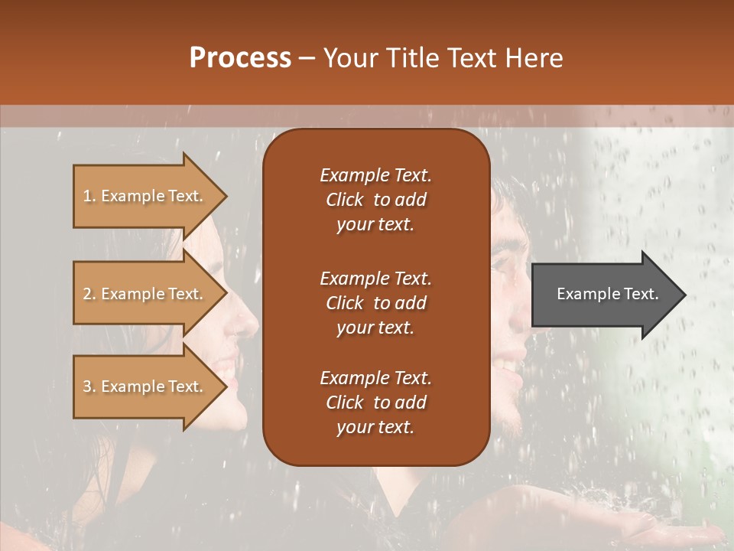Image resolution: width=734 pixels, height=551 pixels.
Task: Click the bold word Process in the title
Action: click(240, 58)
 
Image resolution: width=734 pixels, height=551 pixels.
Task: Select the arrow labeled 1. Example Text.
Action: click(145, 195)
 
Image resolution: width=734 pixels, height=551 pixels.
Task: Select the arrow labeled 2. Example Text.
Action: click(145, 293)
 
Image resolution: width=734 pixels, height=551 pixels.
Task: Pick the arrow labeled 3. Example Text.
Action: click(145, 386)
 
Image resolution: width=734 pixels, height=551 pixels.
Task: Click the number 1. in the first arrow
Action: click(89, 196)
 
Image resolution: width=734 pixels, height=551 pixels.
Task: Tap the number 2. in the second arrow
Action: click(89, 294)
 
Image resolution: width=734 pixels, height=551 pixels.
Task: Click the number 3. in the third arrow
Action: click(89, 387)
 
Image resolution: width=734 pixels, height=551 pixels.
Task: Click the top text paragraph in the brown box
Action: click(375, 200)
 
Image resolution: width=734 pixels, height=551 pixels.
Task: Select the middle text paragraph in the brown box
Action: click(375, 303)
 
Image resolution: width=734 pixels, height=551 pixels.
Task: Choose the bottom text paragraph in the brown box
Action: click(375, 403)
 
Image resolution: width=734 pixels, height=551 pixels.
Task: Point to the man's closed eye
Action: click(506, 264)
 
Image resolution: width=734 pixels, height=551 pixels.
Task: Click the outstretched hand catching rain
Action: click(673, 528)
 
